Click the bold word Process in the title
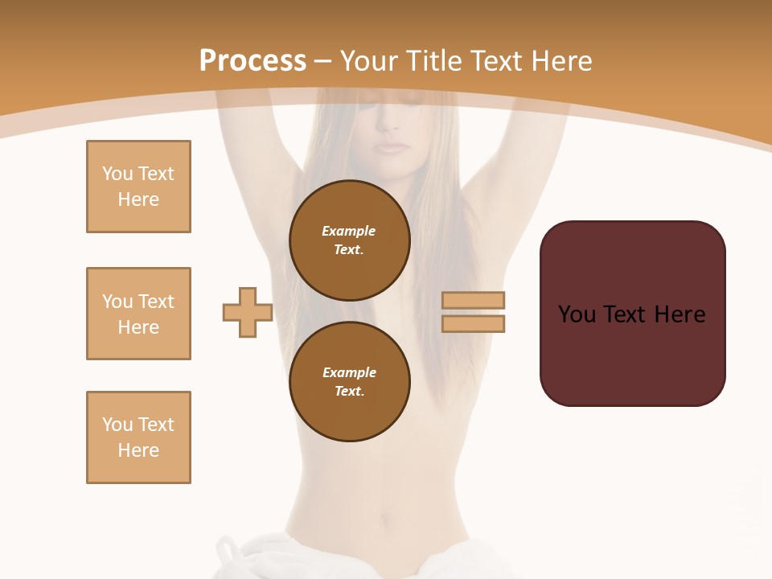(253, 61)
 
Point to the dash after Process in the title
(323, 62)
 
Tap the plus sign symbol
(248, 312)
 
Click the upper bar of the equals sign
(474, 300)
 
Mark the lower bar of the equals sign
(474, 323)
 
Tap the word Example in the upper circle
(349, 231)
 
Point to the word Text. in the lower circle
(349, 391)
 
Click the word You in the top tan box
(117, 174)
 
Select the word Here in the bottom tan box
(138, 450)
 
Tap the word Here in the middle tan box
(138, 327)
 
